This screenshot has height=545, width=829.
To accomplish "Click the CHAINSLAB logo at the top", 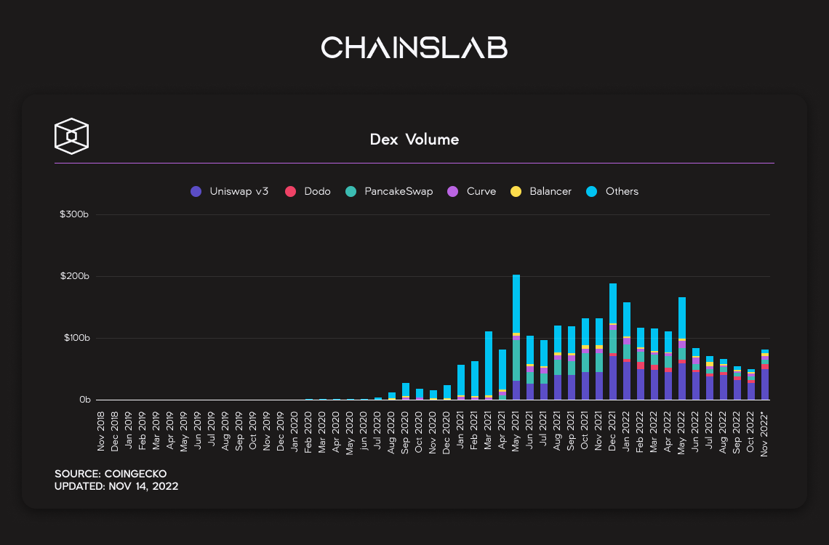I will (414, 48).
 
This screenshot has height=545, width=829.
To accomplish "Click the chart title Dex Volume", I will (414, 140).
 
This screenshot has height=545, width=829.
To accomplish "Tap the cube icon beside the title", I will (72, 136).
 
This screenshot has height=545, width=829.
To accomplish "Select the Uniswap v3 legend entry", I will (229, 192).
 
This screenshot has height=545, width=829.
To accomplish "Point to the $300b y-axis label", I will (75, 214).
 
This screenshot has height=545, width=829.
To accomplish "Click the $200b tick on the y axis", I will (75, 277).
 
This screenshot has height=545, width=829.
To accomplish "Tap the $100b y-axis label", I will (75, 339).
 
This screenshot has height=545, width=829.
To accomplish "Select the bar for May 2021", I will (516, 337).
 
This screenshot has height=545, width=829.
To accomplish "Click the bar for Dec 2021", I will (613, 342).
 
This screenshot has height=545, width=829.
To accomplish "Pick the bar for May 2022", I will (682, 349).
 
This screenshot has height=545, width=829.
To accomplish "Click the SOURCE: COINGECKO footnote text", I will (111, 474).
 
